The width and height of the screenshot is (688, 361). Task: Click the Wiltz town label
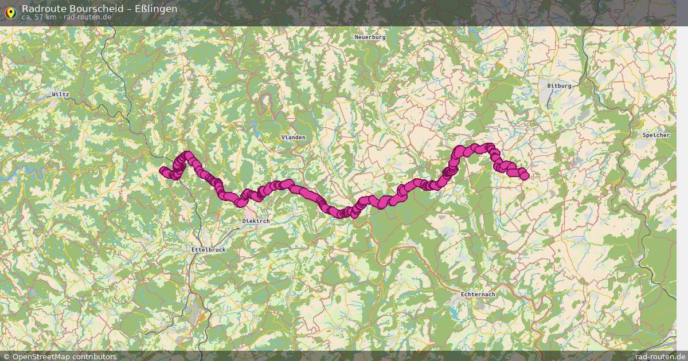[60, 94]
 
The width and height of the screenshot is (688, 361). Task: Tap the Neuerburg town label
[370, 37]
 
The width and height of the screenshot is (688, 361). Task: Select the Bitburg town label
[559, 85]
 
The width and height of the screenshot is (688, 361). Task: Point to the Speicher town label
[656, 135]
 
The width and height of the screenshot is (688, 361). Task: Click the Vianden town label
[293, 138]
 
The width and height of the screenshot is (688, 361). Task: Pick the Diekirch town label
[256, 221]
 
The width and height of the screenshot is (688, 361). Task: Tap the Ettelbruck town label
[208, 250]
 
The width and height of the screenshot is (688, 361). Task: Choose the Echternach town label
[478, 294]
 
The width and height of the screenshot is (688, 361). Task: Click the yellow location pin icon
[10, 12]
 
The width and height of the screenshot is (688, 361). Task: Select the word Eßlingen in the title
[155, 9]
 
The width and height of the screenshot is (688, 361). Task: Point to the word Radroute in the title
[41, 9]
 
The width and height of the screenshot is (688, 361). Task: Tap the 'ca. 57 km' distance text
[38, 17]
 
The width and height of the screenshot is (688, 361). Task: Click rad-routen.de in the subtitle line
[88, 17]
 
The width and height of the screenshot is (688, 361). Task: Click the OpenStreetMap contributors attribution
[64, 356]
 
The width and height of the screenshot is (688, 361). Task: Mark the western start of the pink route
[163, 170]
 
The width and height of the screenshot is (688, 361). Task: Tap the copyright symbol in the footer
[7, 356]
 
